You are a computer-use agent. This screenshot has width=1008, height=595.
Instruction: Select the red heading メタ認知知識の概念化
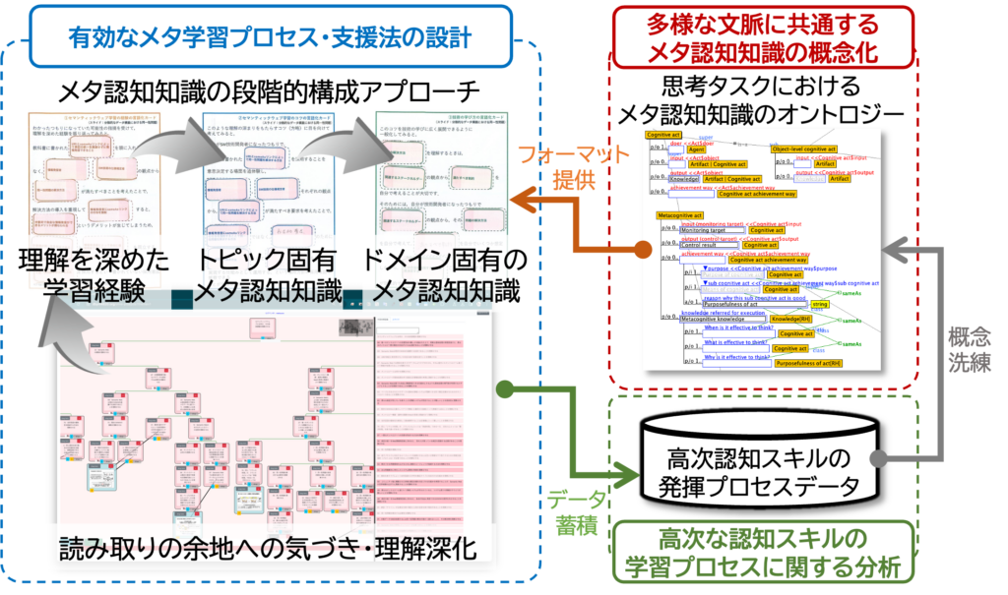pos(767,48)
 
